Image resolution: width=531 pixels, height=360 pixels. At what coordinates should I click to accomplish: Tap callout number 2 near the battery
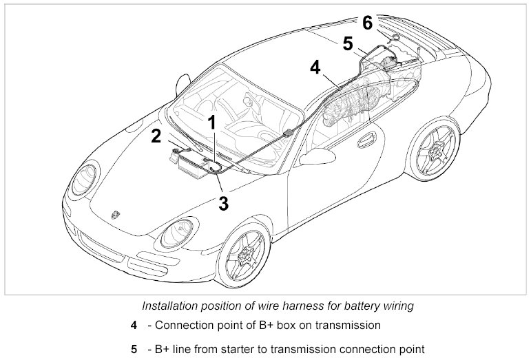pos(157,136)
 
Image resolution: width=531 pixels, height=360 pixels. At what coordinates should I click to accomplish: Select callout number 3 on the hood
pos(222,203)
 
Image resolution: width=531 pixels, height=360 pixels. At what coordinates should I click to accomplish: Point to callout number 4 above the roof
pos(315,67)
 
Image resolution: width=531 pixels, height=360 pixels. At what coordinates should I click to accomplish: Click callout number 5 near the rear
pos(348,43)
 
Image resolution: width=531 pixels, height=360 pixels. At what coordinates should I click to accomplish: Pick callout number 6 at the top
pos(367,23)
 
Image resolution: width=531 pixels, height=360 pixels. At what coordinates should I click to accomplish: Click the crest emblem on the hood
pos(114,215)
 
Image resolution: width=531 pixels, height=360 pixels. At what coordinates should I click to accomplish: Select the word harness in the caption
pos(306,304)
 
